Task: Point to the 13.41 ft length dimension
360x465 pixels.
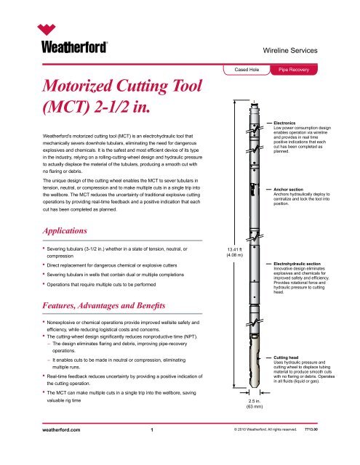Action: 236,250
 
